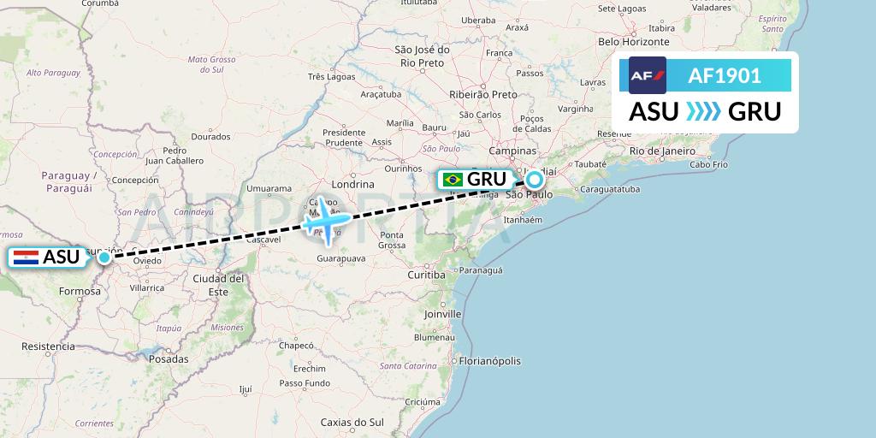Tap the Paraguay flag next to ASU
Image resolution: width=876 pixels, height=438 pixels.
[x=26, y=256]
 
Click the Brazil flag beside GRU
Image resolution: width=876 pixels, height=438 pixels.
[x=453, y=180]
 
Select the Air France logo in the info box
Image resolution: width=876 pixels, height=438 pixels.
[x=647, y=75]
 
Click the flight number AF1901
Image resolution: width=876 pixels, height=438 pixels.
[x=725, y=75]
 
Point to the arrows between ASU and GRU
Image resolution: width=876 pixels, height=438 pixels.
[x=704, y=111]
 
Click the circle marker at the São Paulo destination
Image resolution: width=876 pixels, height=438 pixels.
[x=535, y=180]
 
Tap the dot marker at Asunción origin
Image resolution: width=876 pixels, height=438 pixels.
[x=104, y=257]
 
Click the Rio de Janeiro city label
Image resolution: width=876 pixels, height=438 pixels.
[x=660, y=151]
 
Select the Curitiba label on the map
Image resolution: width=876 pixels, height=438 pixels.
[x=427, y=275]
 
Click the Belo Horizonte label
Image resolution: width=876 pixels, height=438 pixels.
[x=633, y=41]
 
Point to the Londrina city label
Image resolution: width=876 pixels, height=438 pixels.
[x=352, y=184]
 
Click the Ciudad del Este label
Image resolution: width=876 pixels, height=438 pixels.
[x=218, y=285]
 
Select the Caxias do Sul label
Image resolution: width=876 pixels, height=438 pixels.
[x=352, y=422]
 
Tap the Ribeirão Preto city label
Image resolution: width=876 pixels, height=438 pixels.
[x=483, y=94]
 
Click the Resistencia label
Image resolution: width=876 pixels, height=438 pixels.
[x=48, y=346]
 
